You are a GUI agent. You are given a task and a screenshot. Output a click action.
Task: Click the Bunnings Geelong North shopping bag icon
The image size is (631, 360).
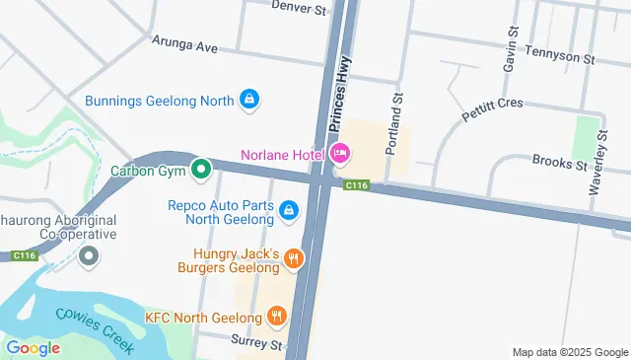pyautogui.click(x=250, y=100)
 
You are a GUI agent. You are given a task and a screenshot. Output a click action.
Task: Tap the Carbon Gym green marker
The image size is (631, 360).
pyautogui.click(x=202, y=170)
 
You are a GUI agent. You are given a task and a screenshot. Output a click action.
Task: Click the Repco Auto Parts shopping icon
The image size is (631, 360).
pyautogui.click(x=289, y=209)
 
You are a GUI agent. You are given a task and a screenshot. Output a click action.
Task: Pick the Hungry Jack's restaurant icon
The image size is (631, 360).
pyautogui.click(x=293, y=259)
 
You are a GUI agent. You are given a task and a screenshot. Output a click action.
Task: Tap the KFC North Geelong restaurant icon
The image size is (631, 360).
pyautogui.click(x=277, y=317)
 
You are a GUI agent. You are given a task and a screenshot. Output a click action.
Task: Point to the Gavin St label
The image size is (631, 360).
pyautogui.click(x=511, y=46)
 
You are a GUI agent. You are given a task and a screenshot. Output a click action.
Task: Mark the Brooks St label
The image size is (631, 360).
pyautogui.click(x=559, y=161)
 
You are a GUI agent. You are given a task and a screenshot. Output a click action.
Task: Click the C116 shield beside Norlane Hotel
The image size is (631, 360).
pyautogui.click(x=356, y=185)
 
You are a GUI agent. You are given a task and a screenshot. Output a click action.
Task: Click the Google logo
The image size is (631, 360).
pyautogui.click(x=33, y=347)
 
